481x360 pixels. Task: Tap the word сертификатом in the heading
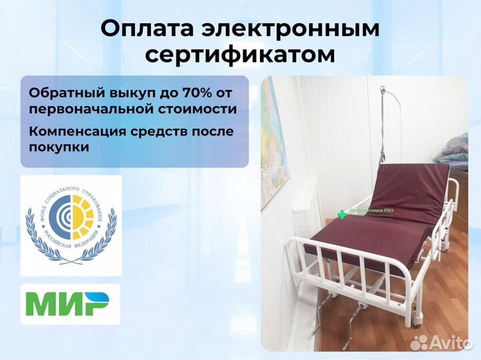point(240,55)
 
